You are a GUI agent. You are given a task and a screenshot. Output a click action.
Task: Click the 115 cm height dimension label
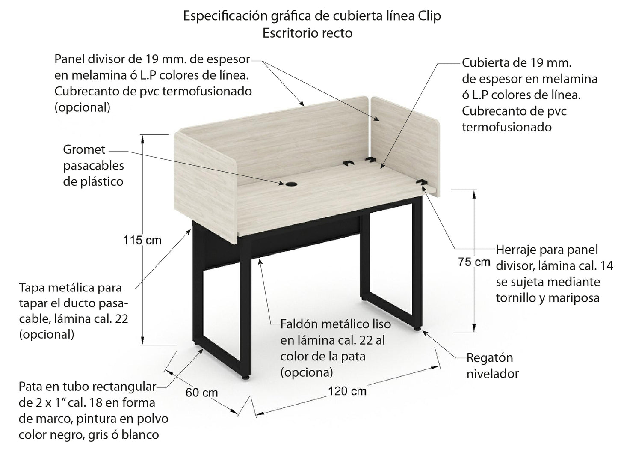[x=142, y=241]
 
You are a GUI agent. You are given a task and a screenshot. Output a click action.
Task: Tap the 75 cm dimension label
[x=474, y=262]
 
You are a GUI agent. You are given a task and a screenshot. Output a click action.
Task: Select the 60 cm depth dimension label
[x=202, y=392]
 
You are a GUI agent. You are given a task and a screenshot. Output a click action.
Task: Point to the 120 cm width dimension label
[x=347, y=391]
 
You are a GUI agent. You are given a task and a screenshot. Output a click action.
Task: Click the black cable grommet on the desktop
[x=292, y=184]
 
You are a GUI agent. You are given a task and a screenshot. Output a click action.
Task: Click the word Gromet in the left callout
[x=84, y=149]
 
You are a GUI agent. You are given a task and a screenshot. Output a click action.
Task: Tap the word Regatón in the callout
[x=489, y=358]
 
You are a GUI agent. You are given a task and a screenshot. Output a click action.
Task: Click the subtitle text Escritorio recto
[x=308, y=33]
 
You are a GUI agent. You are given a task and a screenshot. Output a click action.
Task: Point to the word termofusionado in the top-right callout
[x=507, y=127]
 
